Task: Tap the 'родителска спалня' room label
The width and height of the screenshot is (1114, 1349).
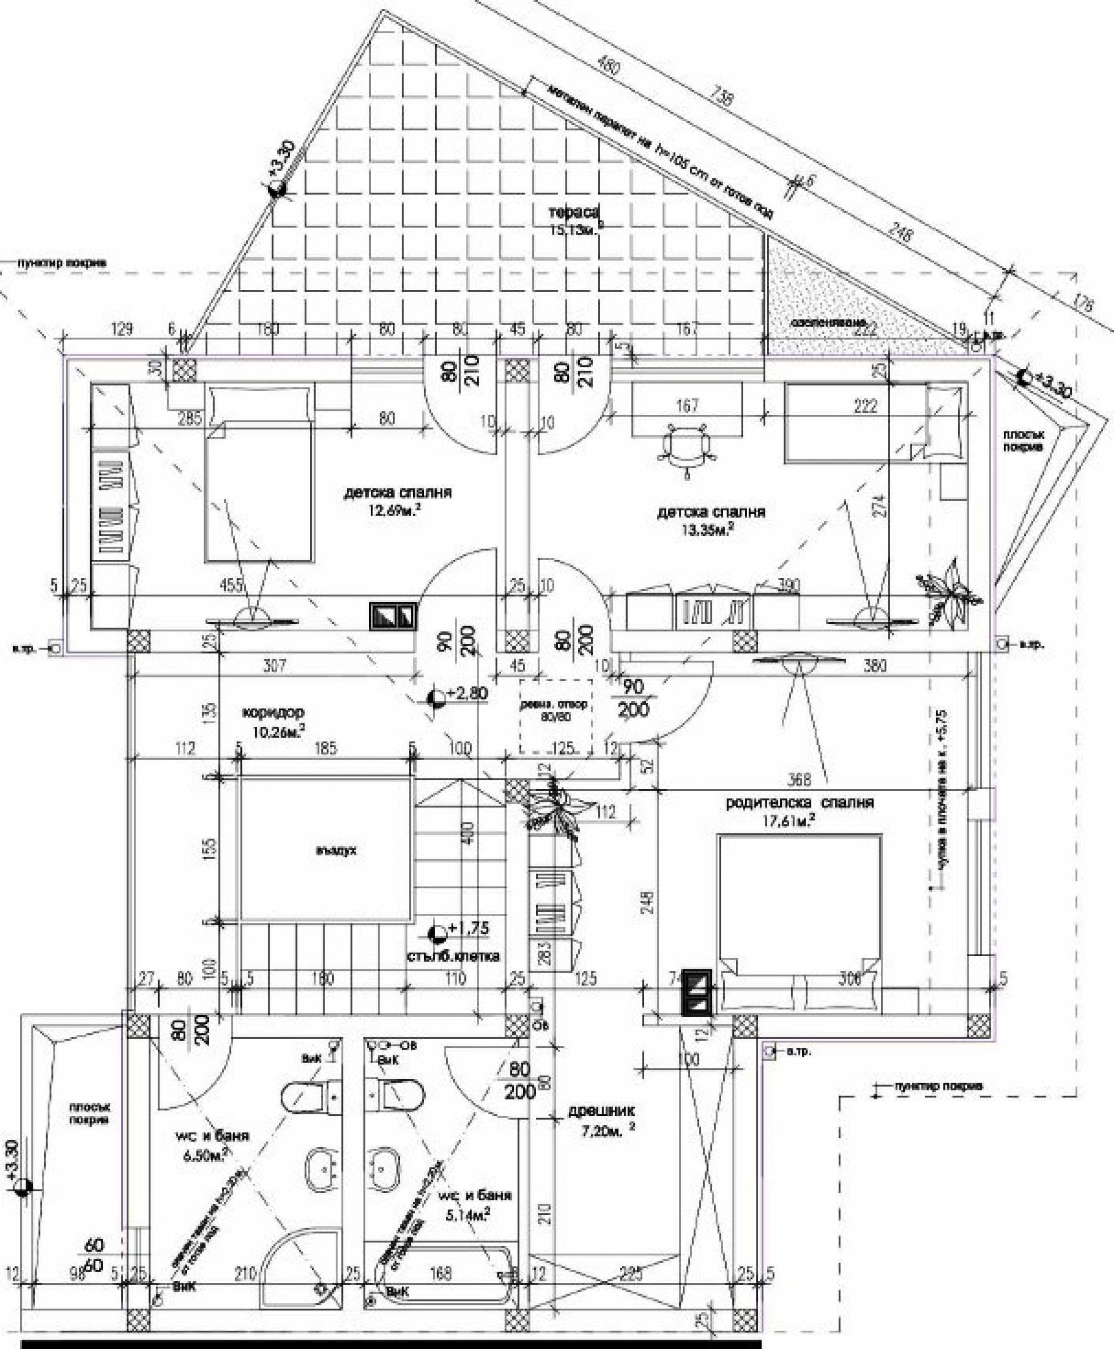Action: click(x=800, y=803)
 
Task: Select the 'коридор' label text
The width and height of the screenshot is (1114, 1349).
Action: click(x=274, y=712)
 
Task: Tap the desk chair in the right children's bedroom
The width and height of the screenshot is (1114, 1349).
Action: click(x=686, y=443)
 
